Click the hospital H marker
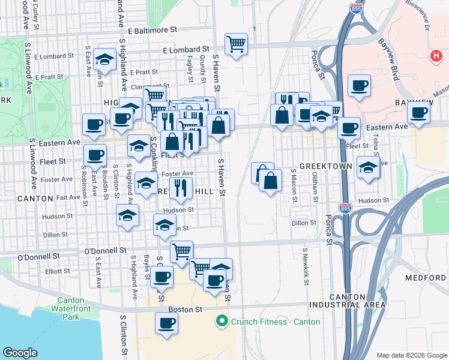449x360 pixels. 436,56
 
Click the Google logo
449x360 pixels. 20,353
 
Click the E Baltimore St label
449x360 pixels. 152,29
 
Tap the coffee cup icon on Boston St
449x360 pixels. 167,323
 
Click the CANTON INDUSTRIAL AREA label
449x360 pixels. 347,301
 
